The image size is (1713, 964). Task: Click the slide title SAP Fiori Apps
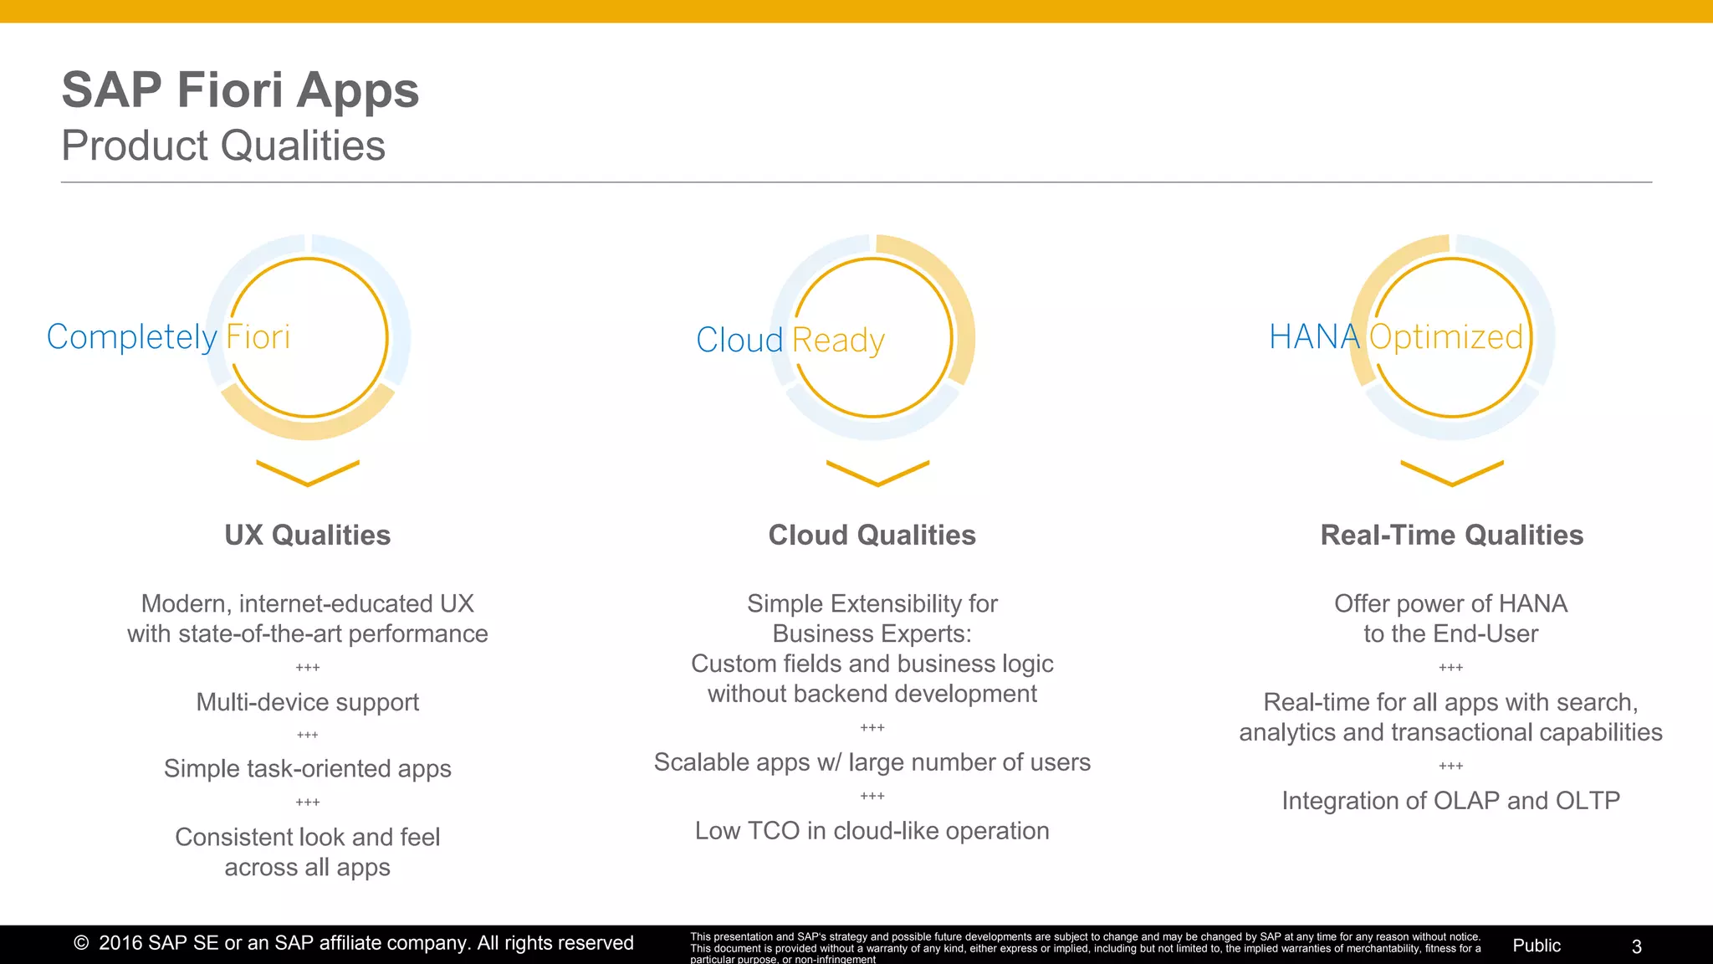click(240, 90)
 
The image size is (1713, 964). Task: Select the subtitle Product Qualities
click(223, 146)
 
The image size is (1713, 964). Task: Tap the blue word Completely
click(131, 337)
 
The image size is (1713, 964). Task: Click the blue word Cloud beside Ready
click(739, 340)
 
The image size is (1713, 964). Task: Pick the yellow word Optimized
click(1446, 336)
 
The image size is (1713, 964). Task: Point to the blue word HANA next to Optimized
click(1314, 336)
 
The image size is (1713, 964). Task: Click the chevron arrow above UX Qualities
click(308, 473)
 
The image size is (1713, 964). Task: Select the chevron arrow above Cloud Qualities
click(877, 473)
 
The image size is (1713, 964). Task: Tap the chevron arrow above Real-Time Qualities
click(1452, 473)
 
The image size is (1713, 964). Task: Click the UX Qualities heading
click(308, 535)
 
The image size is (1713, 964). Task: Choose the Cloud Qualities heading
click(872, 535)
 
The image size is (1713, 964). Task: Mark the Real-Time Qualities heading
click(1451, 535)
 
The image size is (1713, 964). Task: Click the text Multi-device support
click(308, 702)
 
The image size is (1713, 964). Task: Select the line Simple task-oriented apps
click(308, 768)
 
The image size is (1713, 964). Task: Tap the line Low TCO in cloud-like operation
click(872, 831)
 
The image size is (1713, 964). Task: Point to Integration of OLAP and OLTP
click(1450, 801)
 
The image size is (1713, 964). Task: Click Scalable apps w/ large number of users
click(872, 762)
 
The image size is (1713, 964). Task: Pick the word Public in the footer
click(1537, 946)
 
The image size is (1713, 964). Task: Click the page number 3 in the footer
click(1637, 946)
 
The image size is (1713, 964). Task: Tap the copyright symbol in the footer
click(81, 943)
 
